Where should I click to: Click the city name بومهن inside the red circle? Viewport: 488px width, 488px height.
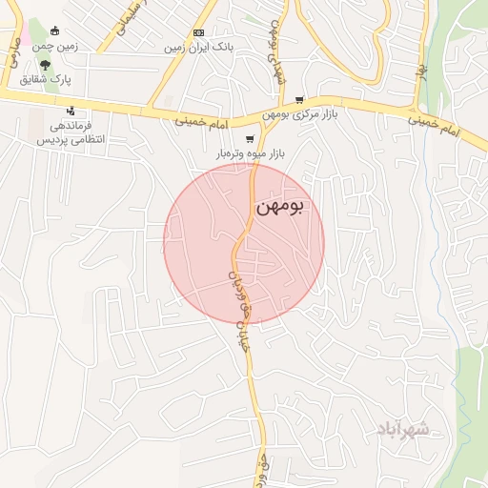279,207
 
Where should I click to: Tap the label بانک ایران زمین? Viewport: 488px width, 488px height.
199,47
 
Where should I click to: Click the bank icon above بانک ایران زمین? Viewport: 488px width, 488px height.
198,32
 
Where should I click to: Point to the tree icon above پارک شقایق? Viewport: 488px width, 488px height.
61,65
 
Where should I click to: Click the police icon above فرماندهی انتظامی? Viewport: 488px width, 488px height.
71,112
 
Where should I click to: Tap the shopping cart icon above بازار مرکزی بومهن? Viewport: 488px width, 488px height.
299,99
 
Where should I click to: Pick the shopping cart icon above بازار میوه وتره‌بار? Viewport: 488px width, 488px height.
250,138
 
